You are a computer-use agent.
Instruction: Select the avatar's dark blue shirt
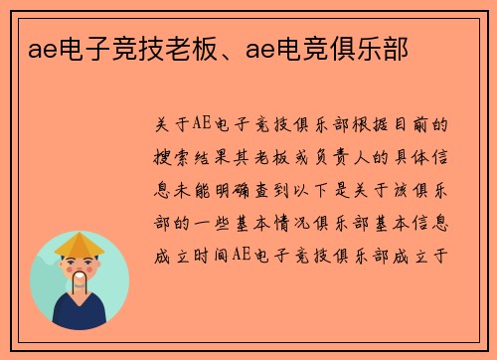(x=80, y=315)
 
